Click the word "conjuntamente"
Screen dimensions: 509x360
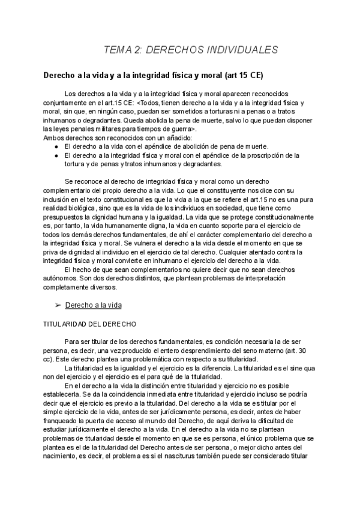tap(65, 103)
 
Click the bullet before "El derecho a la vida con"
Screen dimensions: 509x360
tap(56, 146)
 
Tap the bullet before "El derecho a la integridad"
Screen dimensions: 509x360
tap(56, 155)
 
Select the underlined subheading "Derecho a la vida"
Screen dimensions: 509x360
tap(94, 305)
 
